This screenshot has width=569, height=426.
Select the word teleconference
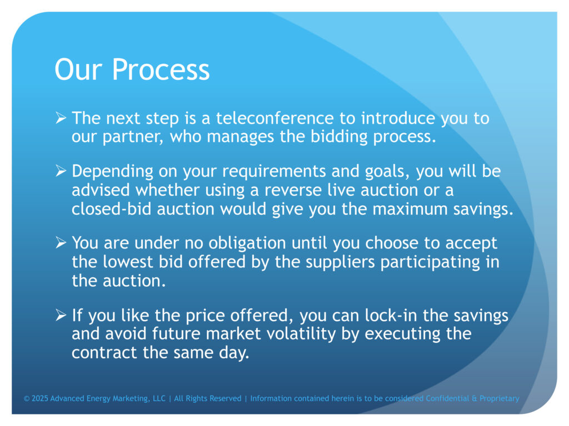(274, 118)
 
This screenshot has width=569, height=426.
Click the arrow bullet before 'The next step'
(61, 118)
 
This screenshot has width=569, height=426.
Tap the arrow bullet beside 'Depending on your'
(61, 171)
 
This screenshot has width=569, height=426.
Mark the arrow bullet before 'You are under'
(61, 242)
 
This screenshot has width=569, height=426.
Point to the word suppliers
(340, 262)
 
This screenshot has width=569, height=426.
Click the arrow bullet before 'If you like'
(61, 315)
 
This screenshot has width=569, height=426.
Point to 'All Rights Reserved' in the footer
(208, 398)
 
